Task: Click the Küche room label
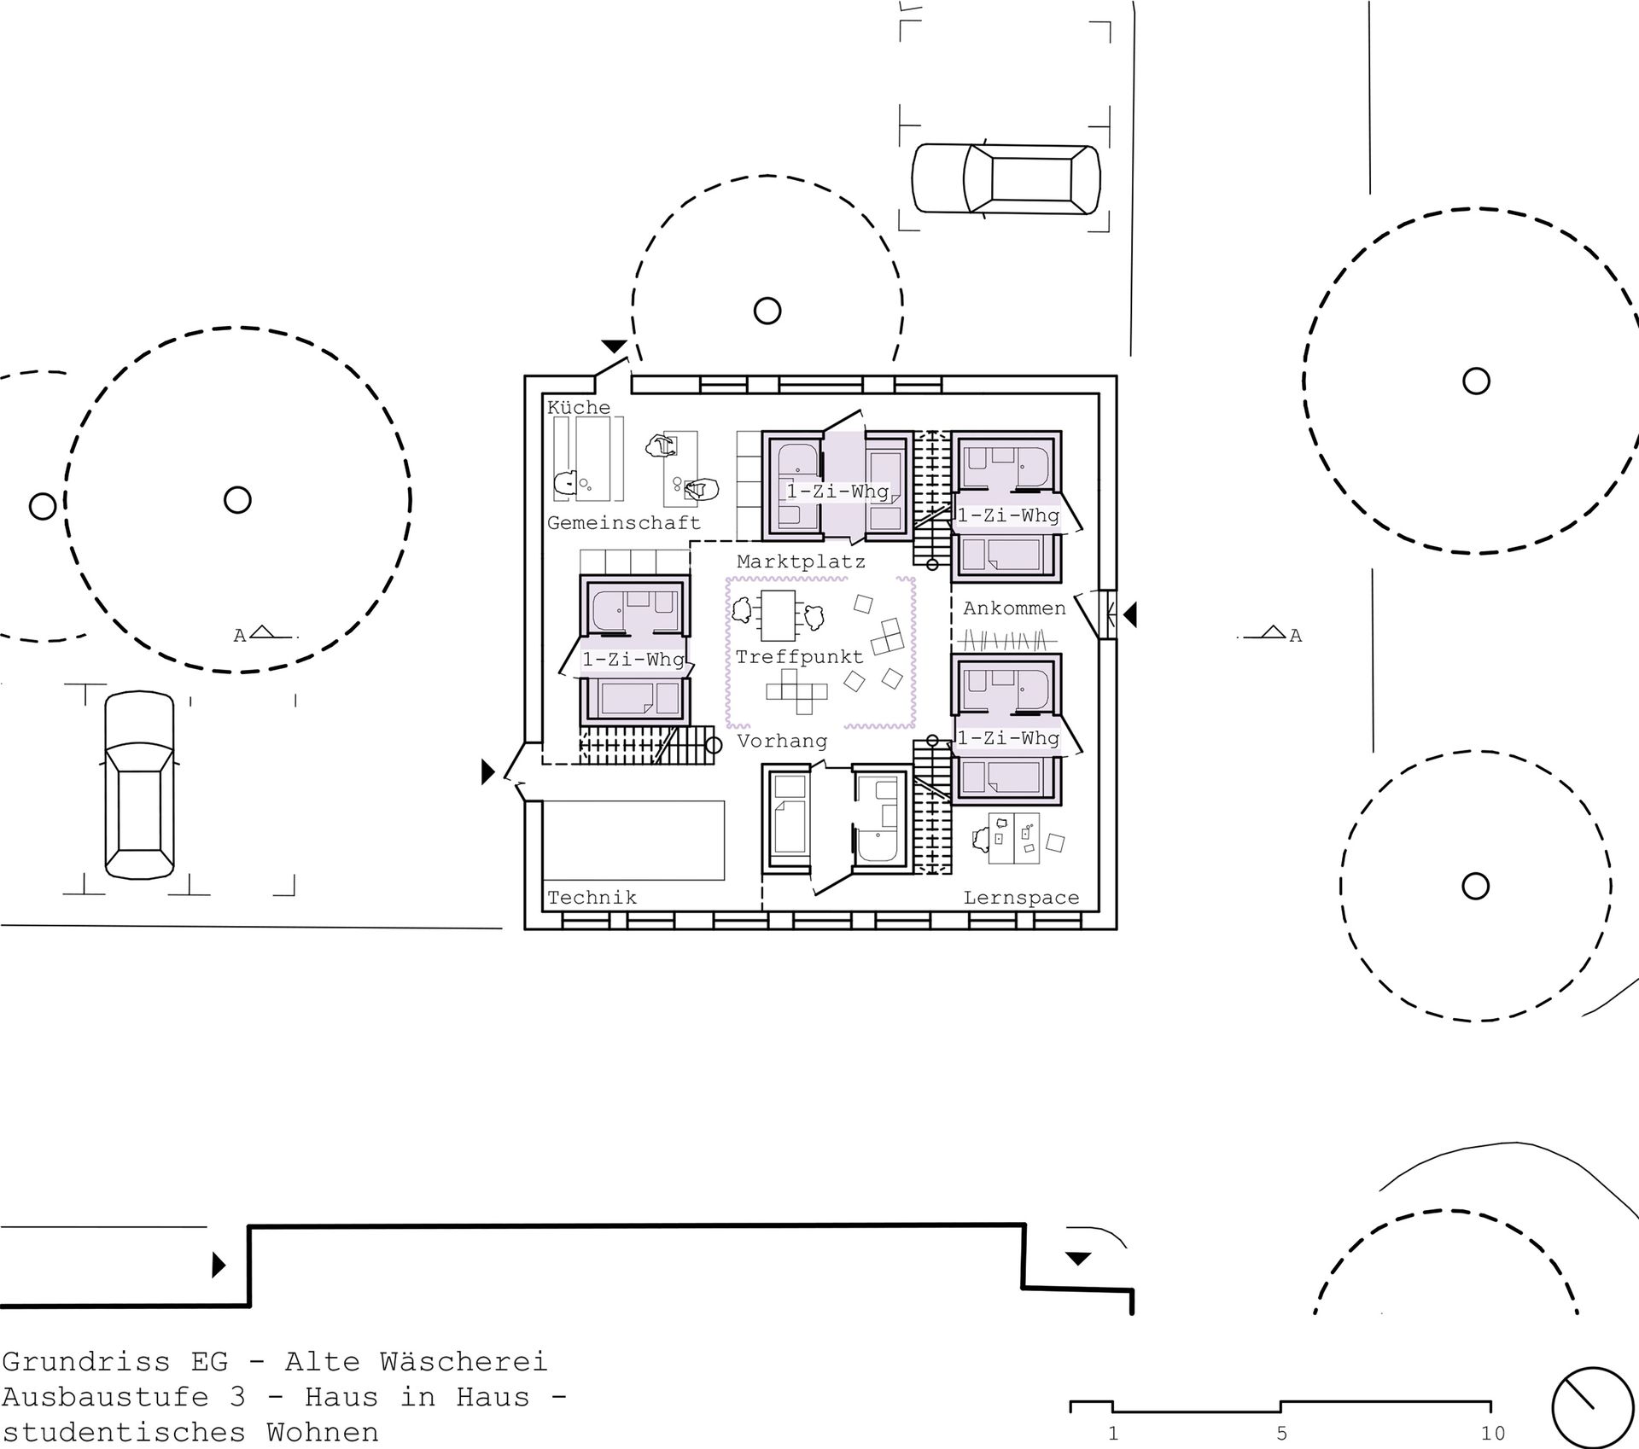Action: coord(579,408)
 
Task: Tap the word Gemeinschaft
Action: coord(623,522)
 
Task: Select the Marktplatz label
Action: coord(801,562)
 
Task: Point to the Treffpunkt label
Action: coord(800,657)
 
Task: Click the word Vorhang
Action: coord(782,741)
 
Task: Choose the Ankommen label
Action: coord(1014,608)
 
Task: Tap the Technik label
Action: coord(592,897)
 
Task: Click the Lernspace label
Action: coord(1021,897)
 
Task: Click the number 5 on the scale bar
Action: coord(1281,1433)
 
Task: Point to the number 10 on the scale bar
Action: coord(1491,1433)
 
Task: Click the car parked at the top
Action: coord(1006,178)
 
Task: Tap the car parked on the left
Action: coord(139,785)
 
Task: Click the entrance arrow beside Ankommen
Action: coord(1129,614)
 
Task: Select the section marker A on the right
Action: coord(1296,636)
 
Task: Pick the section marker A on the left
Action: coord(240,636)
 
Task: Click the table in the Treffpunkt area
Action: coord(777,615)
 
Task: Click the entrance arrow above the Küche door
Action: coord(614,346)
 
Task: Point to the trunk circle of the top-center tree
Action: coord(767,310)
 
